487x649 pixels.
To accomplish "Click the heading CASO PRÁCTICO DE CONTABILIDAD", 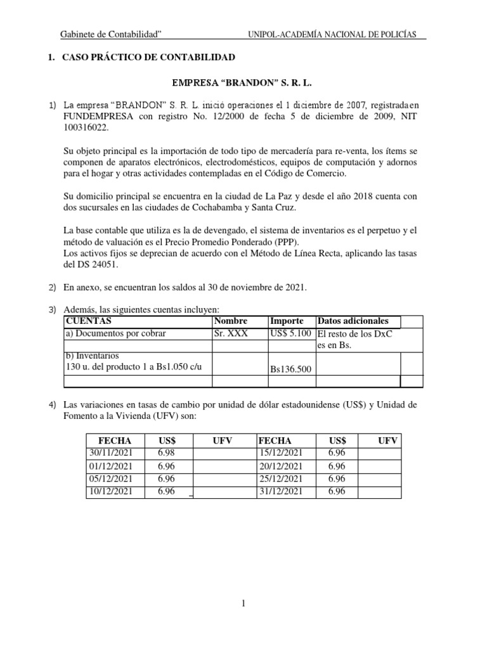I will coord(148,58).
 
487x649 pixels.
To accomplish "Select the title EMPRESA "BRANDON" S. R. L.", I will coord(243,82).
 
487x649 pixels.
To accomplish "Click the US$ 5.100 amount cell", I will coord(291,333).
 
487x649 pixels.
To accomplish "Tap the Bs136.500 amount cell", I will coord(291,369).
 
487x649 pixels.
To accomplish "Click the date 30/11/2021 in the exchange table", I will coord(110,453).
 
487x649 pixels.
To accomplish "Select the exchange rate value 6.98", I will coord(166,453).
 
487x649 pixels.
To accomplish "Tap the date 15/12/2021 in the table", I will coord(281,453).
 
